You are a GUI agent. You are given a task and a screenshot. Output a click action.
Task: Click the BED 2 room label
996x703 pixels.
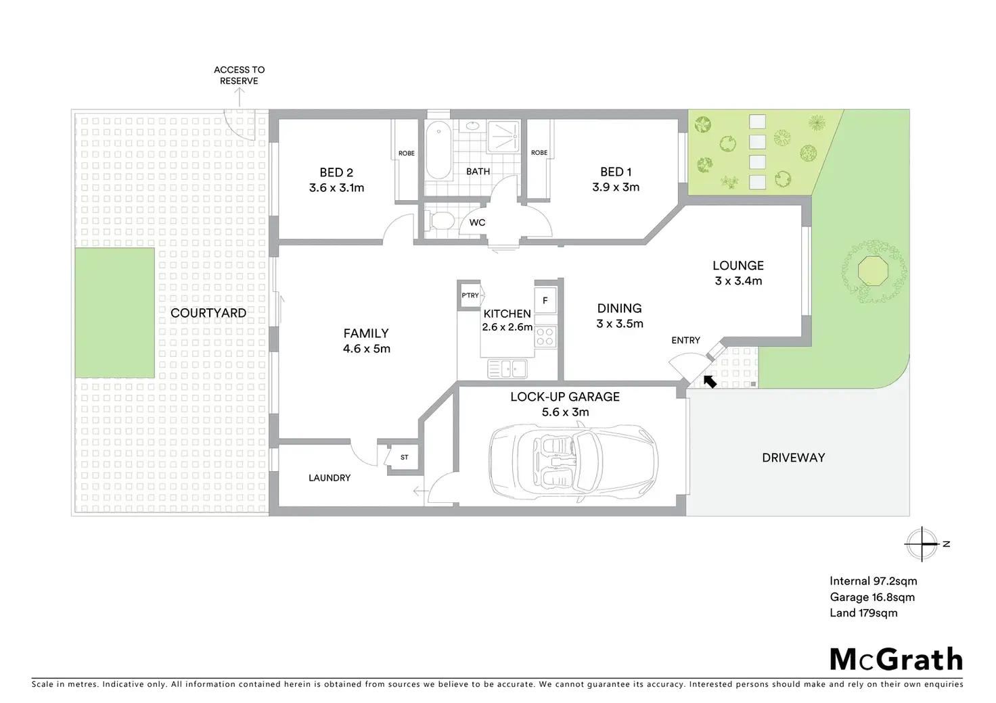tap(336, 172)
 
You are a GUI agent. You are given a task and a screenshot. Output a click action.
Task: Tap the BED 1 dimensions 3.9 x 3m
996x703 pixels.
tap(615, 187)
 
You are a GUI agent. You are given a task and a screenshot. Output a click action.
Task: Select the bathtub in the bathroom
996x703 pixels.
tap(438, 150)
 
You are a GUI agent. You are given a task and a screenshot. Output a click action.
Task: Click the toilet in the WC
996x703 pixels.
tap(440, 220)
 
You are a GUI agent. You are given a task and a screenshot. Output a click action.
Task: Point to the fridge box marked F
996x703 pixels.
tap(545, 301)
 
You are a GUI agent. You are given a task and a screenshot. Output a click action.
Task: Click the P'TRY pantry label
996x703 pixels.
tap(470, 295)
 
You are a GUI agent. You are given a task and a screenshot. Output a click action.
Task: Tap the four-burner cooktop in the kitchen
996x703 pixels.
tap(545, 336)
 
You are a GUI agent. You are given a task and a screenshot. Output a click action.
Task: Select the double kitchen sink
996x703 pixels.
tap(507, 368)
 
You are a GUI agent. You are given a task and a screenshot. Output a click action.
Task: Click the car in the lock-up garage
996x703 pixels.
tap(574, 463)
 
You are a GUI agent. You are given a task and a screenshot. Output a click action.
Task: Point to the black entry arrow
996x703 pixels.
tap(710, 381)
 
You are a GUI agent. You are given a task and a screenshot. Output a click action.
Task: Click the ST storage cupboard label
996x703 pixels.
tap(404, 458)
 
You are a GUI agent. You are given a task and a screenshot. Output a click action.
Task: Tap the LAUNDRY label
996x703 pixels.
tap(330, 478)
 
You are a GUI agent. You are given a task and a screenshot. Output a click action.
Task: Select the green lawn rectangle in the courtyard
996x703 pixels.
tap(115, 313)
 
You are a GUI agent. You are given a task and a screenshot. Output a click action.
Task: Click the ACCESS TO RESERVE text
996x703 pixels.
tap(240, 76)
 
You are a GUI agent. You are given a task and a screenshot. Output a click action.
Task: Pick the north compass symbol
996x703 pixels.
tap(922, 543)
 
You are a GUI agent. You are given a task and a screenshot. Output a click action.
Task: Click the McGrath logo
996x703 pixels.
tap(896, 660)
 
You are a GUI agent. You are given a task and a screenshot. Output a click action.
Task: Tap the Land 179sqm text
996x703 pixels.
tap(863, 613)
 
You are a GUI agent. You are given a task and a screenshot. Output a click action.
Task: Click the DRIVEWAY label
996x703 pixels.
tap(794, 458)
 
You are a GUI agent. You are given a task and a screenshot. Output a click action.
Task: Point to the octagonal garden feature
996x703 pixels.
tap(874, 270)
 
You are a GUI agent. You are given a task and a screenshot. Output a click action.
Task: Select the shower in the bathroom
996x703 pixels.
tap(503, 137)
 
